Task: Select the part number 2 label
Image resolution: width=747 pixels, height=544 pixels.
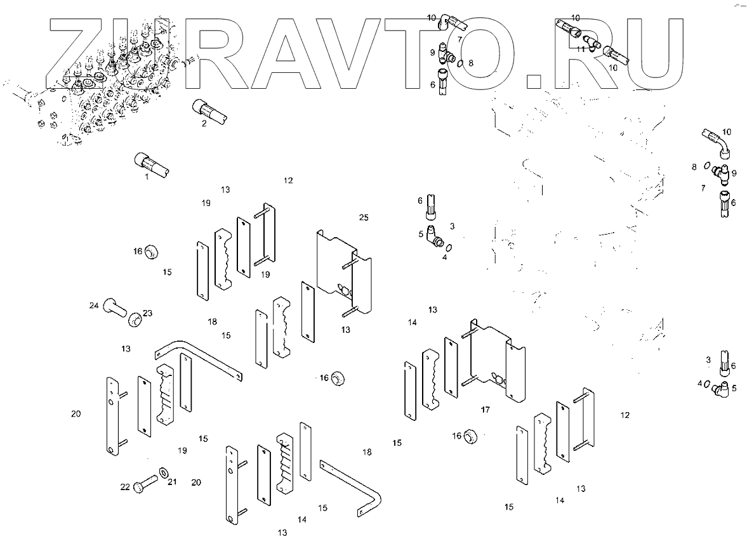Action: pyautogui.click(x=204, y=124)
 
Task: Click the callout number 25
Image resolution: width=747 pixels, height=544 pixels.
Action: pyautogui.click(x=363, y=217)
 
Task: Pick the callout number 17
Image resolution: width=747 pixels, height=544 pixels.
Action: pyautogui.click(x=485, y=410)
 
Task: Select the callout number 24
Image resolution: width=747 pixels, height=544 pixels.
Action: pyautogui.click(x=94, y=306)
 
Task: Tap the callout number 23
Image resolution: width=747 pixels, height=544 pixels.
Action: pyautogui.click(x=147, y=313)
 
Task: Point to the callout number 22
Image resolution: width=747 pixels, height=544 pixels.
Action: pyautogui.click(x=125, y=487)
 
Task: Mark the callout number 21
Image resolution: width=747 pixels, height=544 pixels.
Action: pyautogui.click(x=172, y=482)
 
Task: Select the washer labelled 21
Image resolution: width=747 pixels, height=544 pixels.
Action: pyautogui.click(x=164, y=472)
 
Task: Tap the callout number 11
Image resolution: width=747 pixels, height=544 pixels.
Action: pyautogui.click(x=580, y=49)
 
